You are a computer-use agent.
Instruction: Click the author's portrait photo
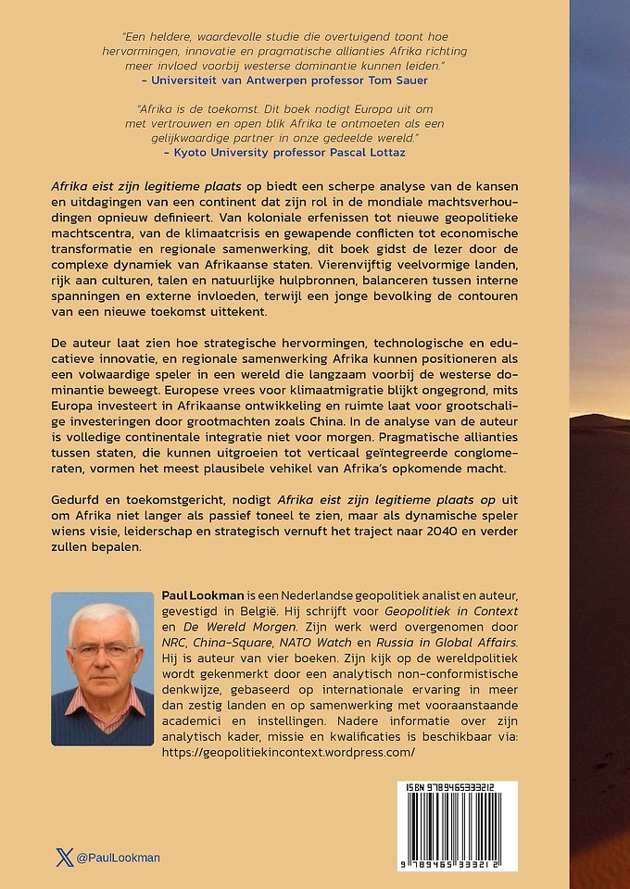103,670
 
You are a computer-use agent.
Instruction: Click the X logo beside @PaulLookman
65,858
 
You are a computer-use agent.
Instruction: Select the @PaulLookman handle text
118,858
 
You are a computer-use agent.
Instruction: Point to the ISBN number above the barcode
447,787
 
